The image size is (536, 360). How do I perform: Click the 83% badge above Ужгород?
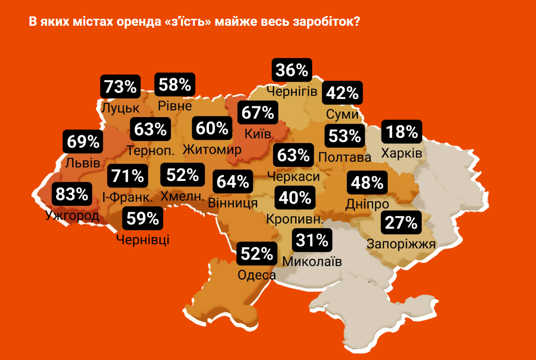click(72, 193)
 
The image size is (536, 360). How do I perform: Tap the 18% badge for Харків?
click(402, 132)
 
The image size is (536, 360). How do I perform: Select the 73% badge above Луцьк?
click(120, 86)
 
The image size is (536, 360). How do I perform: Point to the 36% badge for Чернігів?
click(292, 70)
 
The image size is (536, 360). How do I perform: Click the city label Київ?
click(258, 134)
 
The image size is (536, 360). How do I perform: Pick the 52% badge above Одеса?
click(257, 254)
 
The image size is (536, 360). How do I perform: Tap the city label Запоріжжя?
click(401, 244)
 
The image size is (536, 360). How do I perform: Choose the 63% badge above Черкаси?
click(293, 155)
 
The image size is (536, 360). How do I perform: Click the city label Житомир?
click(212, 150)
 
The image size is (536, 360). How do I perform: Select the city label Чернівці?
click(142, 240)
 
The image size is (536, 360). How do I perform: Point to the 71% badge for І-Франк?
click(127, 176)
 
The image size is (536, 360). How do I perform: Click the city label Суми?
click(342, 114)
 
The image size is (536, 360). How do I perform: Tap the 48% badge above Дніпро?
click(367, 183)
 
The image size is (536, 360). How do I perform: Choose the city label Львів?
click(82, 163)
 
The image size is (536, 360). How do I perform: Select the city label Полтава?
click(344, 157)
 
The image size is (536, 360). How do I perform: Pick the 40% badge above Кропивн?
click(295, 198)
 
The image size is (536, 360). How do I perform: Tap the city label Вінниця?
click(232, 203)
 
